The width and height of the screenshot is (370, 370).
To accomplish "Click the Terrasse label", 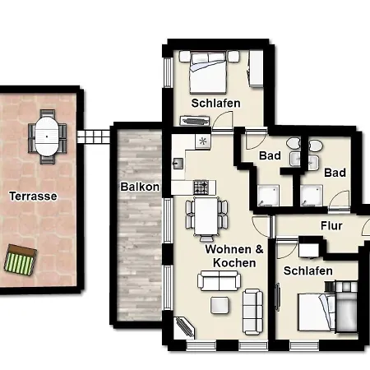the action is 33,197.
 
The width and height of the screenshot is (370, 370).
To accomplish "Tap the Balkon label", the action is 140,187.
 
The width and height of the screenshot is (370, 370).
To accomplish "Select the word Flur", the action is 331,226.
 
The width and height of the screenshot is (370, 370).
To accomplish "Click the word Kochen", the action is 234,263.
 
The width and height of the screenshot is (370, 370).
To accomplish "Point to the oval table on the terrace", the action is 47,136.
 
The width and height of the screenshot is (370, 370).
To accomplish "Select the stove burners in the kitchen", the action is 201,187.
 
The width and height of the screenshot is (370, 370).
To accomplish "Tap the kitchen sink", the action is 178,164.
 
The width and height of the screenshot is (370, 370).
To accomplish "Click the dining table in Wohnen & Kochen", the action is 206,216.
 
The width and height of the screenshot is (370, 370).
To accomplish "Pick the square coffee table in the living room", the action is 220,305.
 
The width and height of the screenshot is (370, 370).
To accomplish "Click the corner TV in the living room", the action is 184,327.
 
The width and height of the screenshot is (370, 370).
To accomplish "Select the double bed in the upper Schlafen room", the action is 208,72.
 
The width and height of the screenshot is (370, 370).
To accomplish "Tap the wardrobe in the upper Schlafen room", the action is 257,69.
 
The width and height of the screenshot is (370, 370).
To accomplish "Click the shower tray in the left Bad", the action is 268,196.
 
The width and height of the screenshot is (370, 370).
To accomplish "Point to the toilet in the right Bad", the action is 316,145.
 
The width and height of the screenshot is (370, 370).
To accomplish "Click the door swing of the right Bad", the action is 339,201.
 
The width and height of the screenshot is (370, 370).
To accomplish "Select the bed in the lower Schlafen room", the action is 317,312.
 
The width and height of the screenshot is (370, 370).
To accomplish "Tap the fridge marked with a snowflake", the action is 203,141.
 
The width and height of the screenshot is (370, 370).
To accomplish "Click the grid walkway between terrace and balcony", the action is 94,136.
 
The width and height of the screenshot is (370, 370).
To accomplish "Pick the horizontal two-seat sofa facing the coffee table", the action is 220,280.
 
